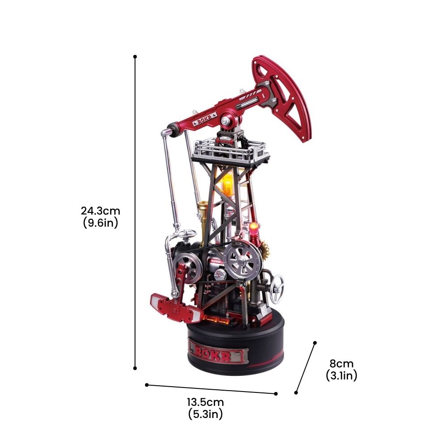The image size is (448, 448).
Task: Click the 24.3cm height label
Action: pyautogui.click(x=100, y=211)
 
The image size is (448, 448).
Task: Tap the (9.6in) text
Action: pyautogui.click(x=100, y=223)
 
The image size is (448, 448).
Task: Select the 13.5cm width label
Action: pyautogui.click(x=206, y=402)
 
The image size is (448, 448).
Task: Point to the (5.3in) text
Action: pyautogui.click(x=206, y=414)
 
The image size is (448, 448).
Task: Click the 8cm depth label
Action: pyautogui.click(x=341, y=364)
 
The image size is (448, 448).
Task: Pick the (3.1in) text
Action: pyautogui.click(x=341, y=375)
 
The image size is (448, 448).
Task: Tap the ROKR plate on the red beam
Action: pyautogui.click(x=205, y=119)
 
